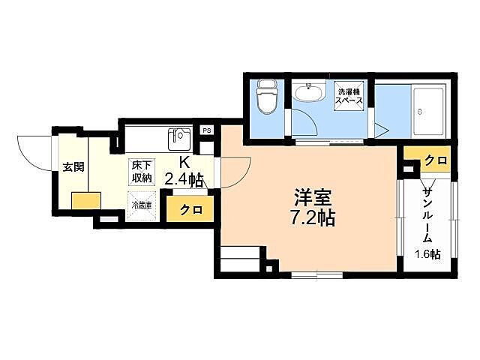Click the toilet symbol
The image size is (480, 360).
pyautogui.click(x=266, y=96)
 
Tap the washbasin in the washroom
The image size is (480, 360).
pyautogui.click(x=308, y=94)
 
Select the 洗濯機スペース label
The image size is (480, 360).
pyautogui.click(x=349, y=96)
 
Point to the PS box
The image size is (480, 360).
pyautogui.click(x=207, y=130)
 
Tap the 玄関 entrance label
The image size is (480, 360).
pyautogui.click(x=73, y=166)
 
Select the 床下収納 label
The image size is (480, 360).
pyautogui.click(x=142, y=171)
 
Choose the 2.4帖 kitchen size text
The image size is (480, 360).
pyautogui.click(x=184, y=179)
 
